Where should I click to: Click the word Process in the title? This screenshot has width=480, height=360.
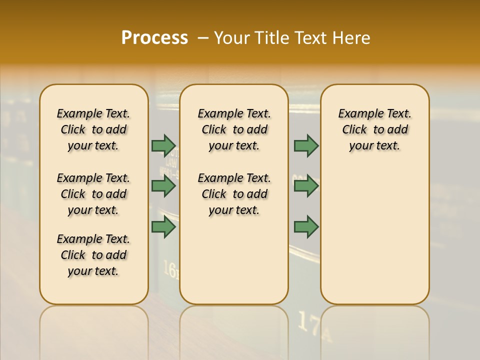[154, 38]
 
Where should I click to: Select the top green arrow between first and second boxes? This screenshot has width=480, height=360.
[163, 145]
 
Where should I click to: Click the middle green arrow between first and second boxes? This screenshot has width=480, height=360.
[163, 186]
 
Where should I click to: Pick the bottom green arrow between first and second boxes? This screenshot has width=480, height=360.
[163, 226]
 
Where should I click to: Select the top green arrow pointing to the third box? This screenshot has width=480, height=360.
[306, 145]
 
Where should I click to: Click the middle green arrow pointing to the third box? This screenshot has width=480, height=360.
[306, 186]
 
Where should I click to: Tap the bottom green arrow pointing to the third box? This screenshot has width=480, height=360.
[306, 226]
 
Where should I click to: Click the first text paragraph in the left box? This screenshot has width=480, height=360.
[93, 129]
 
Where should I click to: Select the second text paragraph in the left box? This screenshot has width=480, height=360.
[93, 194]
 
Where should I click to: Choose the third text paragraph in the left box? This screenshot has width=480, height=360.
[93, 255]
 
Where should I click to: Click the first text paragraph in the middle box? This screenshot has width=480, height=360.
[234, 129]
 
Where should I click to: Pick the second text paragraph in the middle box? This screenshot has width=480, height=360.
[234, 194]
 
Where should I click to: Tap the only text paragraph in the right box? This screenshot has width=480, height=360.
[374, 129]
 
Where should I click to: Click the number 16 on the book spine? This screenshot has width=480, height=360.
[170, 270]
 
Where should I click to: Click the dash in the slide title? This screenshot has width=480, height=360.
[203, 38]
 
